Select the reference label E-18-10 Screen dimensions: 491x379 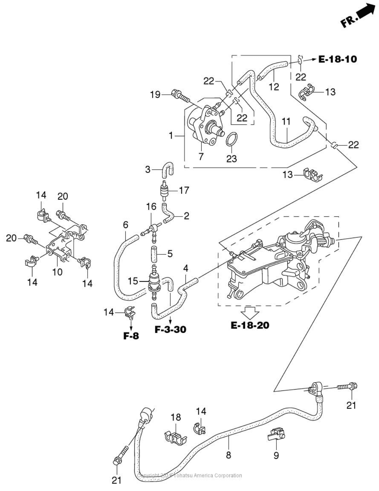coord(337,59)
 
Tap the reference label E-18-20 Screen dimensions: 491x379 coord(250,325)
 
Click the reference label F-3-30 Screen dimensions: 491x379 coord(170,329)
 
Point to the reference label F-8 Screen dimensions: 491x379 coord(131,336)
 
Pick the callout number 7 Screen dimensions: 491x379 coord(201,156)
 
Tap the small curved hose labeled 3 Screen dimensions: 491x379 coord(167,169)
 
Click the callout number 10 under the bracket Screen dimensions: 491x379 coord(58,272)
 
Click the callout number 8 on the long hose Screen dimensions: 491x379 coord(228,455)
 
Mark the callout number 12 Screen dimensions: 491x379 coord(274,86)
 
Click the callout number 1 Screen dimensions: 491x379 coord(171,136)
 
